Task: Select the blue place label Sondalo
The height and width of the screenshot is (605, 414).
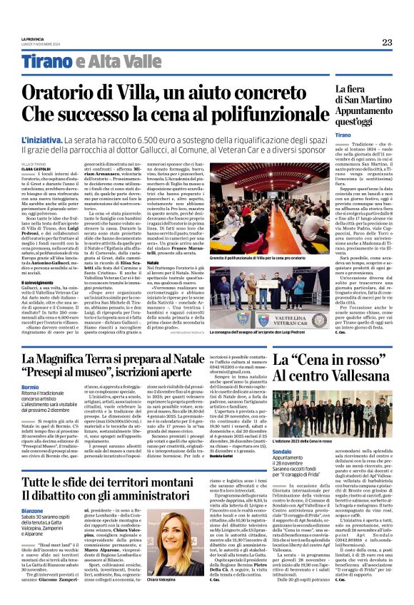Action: point(303,452)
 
